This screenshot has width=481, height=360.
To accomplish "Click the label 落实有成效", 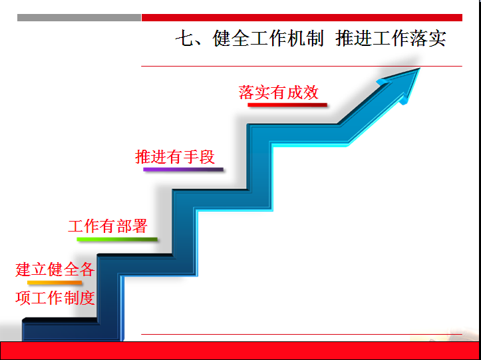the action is (x=279, y=92).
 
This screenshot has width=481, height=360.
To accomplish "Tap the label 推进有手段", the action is (x=175, y=157).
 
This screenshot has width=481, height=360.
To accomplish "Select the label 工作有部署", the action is (x=108, y=226).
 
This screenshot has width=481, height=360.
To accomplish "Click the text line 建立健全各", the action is (x=55, y=270).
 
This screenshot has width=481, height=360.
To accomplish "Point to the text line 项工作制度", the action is (x=55, y=298).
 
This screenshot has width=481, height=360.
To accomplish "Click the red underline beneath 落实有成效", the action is (x=287, y=105).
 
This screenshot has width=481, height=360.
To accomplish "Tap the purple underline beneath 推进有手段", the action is (x=183, y=169).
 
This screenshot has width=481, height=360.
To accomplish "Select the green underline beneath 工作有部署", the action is (x=117, y=239).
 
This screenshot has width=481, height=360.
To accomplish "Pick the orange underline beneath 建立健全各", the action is (x=55, y=282).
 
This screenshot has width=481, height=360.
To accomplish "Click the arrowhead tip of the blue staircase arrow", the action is (x=419, y=69).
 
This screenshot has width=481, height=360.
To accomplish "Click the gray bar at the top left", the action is (x=79, y=17).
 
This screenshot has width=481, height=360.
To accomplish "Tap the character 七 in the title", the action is (x=184, y=39).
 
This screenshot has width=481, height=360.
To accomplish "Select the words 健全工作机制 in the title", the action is (x=268, y=39).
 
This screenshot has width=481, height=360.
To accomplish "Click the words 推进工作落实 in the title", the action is (x=391, y=39).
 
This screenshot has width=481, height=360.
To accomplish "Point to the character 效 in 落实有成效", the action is (x=311, y=92).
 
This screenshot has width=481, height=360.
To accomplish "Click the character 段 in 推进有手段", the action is (x=207, y=157).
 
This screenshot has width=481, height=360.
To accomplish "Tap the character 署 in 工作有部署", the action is (x=140, y=226).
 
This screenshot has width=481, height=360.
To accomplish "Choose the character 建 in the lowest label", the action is (x=23, y=270).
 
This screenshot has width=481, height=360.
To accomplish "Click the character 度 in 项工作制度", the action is (x=87, y=298).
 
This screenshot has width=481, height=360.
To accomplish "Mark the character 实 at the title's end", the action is (x=438, y=39).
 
